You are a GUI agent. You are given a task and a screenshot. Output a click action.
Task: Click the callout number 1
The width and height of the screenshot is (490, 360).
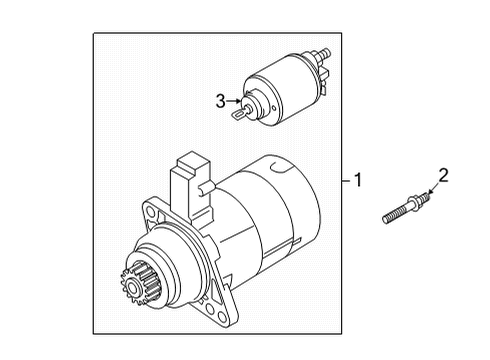pos(358,180)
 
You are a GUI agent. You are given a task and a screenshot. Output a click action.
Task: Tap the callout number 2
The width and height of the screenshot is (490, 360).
pos(443,175)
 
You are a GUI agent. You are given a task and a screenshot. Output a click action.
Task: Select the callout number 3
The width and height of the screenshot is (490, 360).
pos(221,101)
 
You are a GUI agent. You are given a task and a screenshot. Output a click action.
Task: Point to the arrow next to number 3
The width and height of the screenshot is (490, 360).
pos(234,101)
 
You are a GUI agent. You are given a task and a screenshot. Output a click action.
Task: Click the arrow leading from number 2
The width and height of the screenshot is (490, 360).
pos(434,188)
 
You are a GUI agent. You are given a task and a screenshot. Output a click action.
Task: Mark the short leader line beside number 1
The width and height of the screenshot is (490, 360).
pos(346,181)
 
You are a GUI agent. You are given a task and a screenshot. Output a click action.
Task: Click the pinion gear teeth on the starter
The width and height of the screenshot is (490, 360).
pos(139,283)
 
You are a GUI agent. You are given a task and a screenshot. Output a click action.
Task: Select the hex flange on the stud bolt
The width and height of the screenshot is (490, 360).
pos(413,203)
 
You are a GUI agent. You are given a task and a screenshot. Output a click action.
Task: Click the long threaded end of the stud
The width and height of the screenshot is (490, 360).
pos(396,215)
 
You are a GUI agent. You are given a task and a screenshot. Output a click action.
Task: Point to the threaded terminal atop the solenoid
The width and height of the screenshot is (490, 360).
pos(323,54)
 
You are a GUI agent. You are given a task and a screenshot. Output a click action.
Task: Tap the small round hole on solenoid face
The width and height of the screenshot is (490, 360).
pos(274,108)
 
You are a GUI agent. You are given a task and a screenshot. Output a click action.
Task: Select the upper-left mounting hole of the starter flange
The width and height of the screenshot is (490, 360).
pos(151,212)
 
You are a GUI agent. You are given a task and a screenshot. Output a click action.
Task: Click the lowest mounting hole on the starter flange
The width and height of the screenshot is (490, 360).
pos(221,316)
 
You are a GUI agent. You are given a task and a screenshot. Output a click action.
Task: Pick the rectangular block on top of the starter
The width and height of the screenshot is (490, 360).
pos(191,187)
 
